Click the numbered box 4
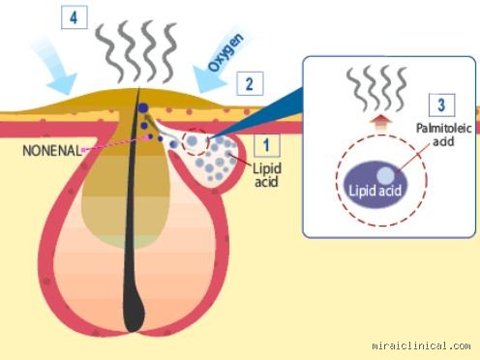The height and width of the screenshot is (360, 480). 75,17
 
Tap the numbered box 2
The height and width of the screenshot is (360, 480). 250,84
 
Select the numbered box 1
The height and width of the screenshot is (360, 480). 266,145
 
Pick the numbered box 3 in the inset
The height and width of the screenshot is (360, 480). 441,105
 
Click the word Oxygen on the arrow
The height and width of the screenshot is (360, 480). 225,52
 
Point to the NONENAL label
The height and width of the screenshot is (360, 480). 52,151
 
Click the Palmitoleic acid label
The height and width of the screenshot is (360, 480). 444,135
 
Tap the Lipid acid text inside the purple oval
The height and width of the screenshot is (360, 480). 375,191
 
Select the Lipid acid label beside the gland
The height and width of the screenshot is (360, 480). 266,175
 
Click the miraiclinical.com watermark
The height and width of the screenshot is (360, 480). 421,345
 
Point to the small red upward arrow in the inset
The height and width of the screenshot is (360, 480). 381,122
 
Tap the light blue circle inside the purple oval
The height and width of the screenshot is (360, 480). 386,175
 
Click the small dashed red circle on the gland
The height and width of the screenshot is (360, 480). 195,142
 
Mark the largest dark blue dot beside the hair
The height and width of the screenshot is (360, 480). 143,108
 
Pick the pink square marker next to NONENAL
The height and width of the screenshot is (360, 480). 84,150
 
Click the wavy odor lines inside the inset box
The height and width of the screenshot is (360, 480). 376,89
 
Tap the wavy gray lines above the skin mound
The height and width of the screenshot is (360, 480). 136,51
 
